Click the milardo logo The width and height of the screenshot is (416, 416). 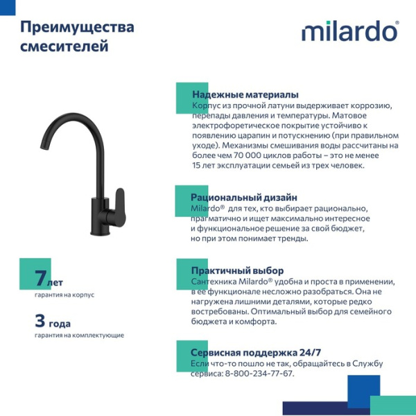pos(349,32)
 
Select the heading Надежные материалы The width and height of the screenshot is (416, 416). pos(245,94)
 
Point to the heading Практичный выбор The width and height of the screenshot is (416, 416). pos(237,270)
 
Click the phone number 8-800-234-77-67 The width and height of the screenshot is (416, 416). pos(259,374)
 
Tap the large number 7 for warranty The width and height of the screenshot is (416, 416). pos(40,279)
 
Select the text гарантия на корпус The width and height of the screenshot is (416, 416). pos(64,295)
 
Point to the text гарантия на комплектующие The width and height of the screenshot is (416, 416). pos(79,335)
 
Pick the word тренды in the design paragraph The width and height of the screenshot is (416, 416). pos(291,239)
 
